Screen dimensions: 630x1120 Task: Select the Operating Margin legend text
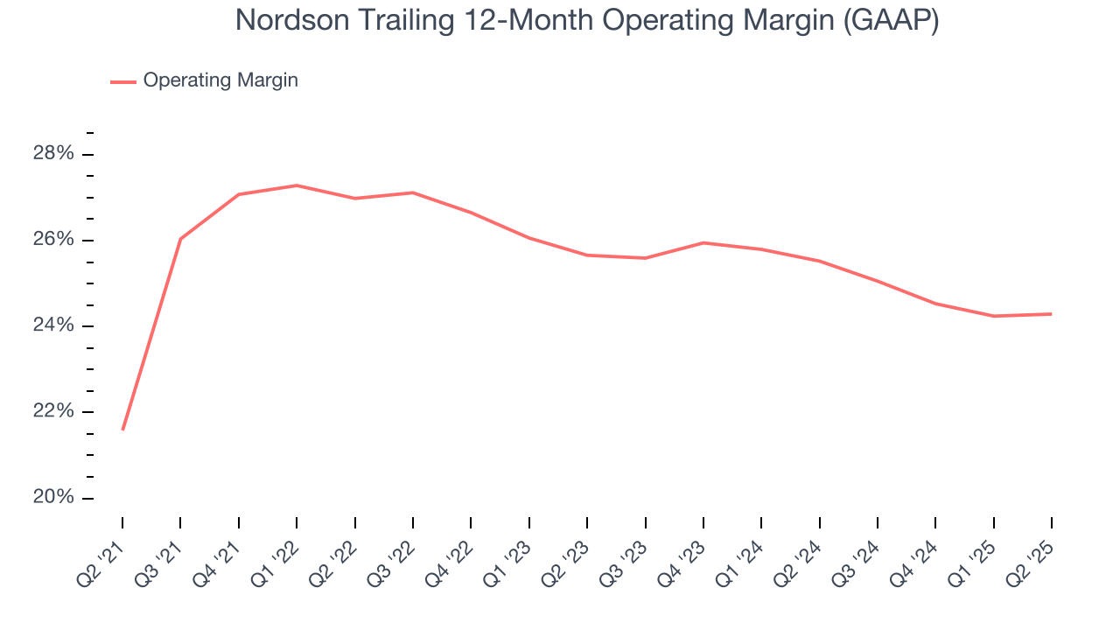click(x=220, y=80)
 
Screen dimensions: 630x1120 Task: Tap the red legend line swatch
click(x=123, y=81)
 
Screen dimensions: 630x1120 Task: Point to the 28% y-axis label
click(x=54, y=154)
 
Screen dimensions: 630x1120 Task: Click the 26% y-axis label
click(x=54, y=240)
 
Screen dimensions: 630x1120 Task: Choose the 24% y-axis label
click(x=54, y=325)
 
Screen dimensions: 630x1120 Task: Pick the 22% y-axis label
click(x=54, y=411)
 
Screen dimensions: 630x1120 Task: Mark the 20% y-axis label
click(x=54, y=497)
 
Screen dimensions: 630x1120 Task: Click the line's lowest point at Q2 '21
click(x=122, y=430)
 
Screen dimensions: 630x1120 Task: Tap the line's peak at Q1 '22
click(x=297, y=185)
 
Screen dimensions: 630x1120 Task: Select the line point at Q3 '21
click(x=180, y=239)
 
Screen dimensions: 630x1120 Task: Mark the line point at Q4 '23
click(x=703, y=242)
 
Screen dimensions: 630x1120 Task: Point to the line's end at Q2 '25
click(x=1051, y=314)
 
